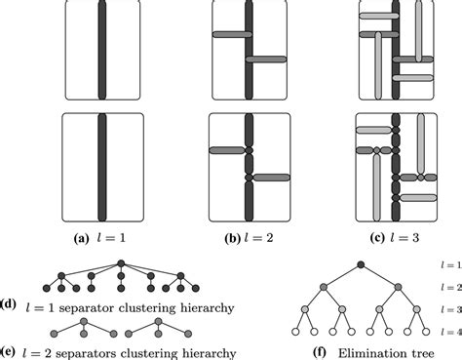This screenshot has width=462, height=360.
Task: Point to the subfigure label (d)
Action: [x=7, y=301]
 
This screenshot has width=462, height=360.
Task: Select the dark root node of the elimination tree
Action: [x=361, y=264]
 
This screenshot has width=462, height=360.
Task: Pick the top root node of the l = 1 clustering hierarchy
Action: [x=122, y=263]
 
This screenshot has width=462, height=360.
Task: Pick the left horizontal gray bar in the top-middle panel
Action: [x=226, y=36]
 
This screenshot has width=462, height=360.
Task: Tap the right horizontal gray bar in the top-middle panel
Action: [x=267, y=60]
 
